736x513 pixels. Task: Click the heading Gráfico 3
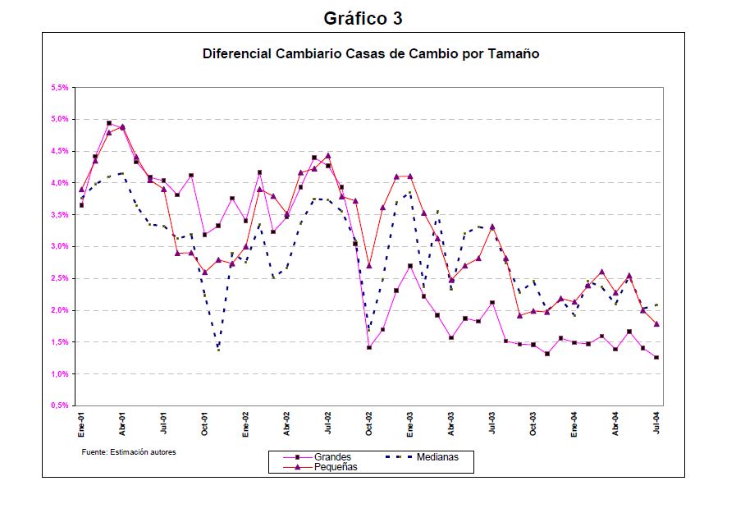[363, 16]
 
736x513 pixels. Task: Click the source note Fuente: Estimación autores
[129, 452]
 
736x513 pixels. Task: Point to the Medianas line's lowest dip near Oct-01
[218, 350]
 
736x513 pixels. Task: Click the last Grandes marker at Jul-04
[656, 358]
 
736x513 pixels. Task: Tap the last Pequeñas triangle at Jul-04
[656, 324]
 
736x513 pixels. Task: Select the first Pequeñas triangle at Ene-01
[81, 190]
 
